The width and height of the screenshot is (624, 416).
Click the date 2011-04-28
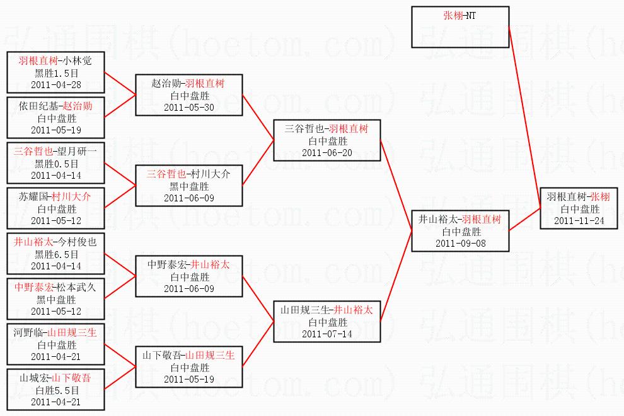tap(55, 84)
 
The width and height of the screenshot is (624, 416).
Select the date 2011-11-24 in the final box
tap(579, 220)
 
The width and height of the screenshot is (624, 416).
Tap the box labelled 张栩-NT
tap(460, 27)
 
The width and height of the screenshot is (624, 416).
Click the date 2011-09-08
tap(461, 243)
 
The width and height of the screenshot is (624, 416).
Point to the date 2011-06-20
tap(327, 152)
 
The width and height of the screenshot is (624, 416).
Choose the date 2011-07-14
tap(327, 334)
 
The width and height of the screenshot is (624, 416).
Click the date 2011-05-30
tap(189, 107)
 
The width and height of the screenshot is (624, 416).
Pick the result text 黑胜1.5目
tap(56, 73)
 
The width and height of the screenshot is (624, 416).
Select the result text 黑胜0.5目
tap(56, 164)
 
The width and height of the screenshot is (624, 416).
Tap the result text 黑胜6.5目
tap(56, 254)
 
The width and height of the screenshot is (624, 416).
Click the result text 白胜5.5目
tap(56, 390)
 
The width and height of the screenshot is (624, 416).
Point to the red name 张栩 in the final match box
tap(599, 197)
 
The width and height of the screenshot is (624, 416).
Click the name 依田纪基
tap(38, 106)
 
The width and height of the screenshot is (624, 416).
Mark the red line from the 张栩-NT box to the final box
tap(525, 117)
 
